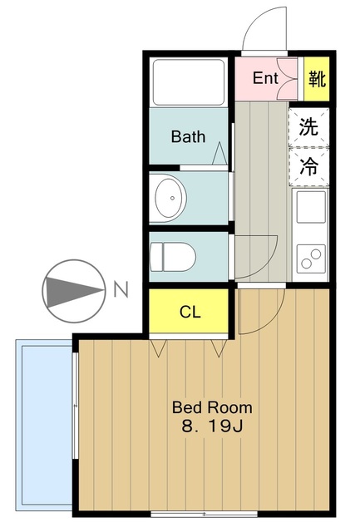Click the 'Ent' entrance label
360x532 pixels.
click(265, 79)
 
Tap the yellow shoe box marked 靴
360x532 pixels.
click(317, 79)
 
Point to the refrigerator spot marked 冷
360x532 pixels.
click(308, 166)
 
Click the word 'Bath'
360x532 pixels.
click(188, 136)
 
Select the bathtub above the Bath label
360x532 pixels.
click(189, 81)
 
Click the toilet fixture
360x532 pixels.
click(174, 256)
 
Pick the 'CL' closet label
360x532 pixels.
click(190, 313)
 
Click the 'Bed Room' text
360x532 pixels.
click(211, 408)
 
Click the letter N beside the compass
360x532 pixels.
click(121, 290)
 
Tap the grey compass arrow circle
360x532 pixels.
click(73, 291)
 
